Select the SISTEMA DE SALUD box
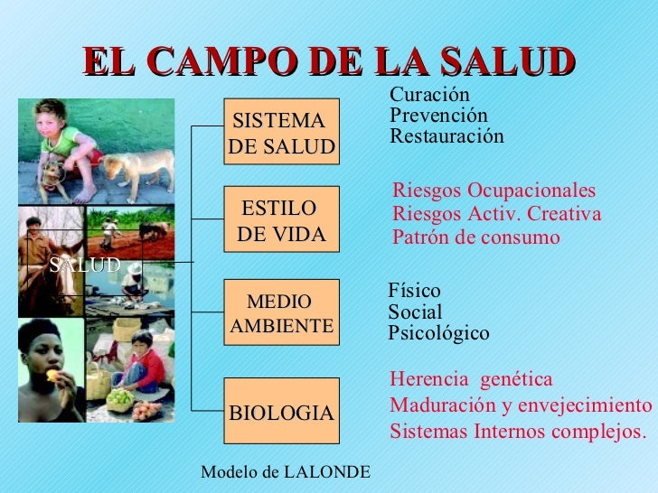(281, 134)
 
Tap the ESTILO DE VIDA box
(281, 221)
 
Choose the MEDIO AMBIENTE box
(281, 312)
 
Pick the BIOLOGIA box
(281, 412)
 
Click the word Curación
(429, 95)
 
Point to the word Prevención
(438, 116)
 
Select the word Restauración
(446, 136)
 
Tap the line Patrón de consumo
(476, 237)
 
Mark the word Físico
(414, 291)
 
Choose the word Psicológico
(438, 333)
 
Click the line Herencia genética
(471, 379)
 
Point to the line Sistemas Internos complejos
(519, 431)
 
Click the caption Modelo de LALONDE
(285, 472)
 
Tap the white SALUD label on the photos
(85, 265)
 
